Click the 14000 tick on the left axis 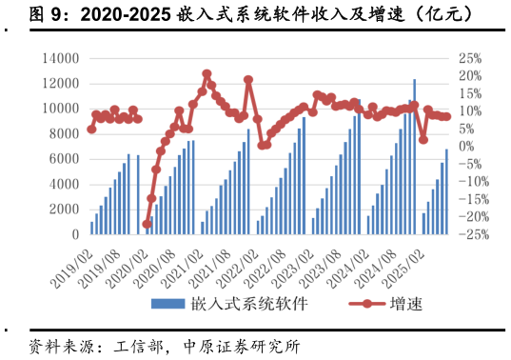point(58,58)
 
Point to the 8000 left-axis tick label point(62,133)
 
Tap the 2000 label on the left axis point(62,209)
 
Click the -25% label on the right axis point(472,234)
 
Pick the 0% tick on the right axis point(466,146)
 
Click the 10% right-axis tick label point(470,110)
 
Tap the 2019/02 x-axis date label point(72,263)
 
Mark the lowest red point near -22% point(147,224)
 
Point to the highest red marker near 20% point(206,74)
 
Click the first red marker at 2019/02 point(91,129)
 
